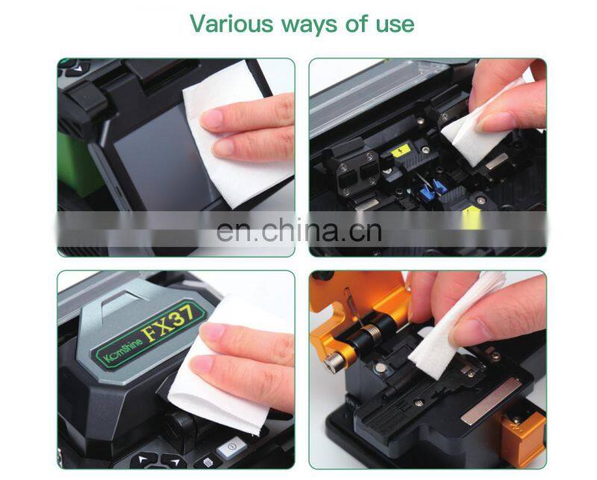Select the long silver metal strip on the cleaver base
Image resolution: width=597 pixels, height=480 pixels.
[489, 400]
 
